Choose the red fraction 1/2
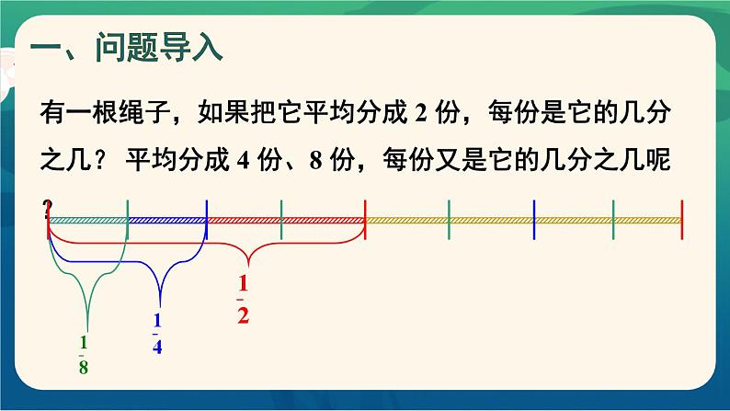[244, 300]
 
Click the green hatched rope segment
[88, 221]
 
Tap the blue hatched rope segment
[167, 221]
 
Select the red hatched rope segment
[286, 221]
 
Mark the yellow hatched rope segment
[524, 221]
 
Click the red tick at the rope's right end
[681, 221]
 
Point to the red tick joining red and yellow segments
[366, 221]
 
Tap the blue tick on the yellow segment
[533, 221]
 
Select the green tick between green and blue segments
[128, 221]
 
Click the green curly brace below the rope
[87, 276]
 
